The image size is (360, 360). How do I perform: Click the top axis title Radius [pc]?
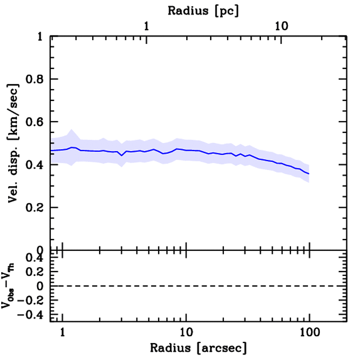pyautogui.click(x=203, y=11)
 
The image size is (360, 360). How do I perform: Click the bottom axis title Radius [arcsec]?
pyautogui.click(x=198, y=348)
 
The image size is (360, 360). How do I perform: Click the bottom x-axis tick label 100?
pyautogui.click(x=309, y=332)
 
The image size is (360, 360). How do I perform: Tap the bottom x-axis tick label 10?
pyautogui.click(x=186, y=332)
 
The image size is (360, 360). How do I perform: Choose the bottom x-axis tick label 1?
pyautogui.click(x=63, y=332)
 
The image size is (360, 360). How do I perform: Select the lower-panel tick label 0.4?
pyautogui.click(x=34, y=258)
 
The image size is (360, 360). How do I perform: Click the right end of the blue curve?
pyautogui.click(x=309, y=174)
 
